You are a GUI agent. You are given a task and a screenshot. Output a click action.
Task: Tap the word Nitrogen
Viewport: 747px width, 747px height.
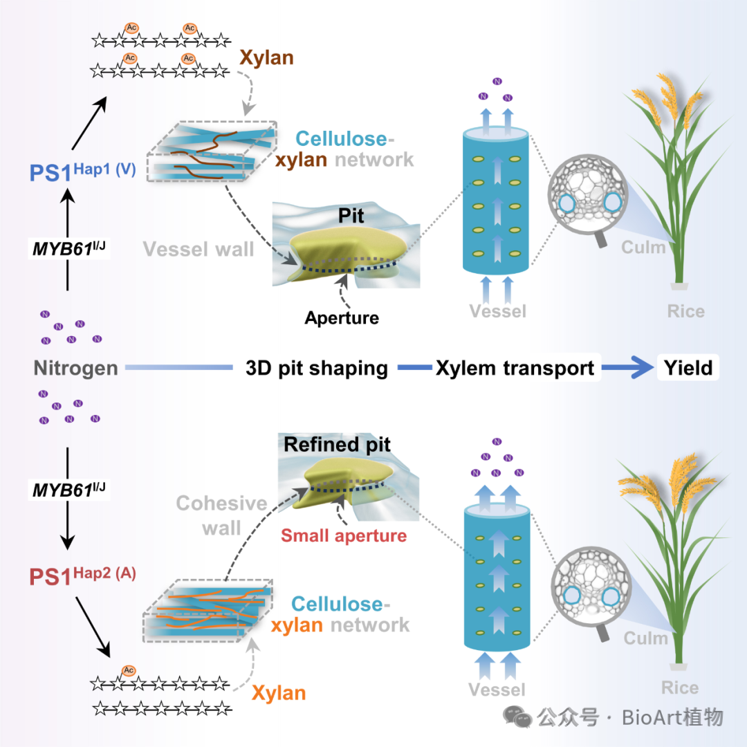point(75,368)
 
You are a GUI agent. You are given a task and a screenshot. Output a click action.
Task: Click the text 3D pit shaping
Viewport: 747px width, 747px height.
point(317,368)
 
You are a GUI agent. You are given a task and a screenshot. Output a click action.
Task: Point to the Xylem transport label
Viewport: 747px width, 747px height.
point(515,368)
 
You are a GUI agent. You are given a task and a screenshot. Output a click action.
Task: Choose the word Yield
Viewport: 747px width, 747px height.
point(688,367)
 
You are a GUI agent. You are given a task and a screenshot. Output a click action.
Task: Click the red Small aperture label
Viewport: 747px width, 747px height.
point(343,535)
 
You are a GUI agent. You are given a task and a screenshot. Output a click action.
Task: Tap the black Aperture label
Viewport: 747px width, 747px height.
point(342,317)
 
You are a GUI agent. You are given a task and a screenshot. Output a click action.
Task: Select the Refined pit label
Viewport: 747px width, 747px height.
point(337,445)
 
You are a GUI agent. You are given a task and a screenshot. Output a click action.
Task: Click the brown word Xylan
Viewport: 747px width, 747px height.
point(266,57)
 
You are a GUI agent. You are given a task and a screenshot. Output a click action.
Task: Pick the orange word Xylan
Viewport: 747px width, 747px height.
point(278,692)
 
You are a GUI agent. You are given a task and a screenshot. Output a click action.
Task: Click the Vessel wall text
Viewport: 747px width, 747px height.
point(199,249)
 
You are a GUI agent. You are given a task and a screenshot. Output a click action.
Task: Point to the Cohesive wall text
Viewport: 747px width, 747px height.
point(212,515)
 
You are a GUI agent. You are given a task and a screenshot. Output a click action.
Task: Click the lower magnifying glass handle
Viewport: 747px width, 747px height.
point(604,631)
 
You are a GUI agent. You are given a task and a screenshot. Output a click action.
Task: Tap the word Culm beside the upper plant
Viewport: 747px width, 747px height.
point(643,247)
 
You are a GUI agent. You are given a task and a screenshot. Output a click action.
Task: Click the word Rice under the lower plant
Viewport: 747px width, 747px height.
point(679,688)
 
